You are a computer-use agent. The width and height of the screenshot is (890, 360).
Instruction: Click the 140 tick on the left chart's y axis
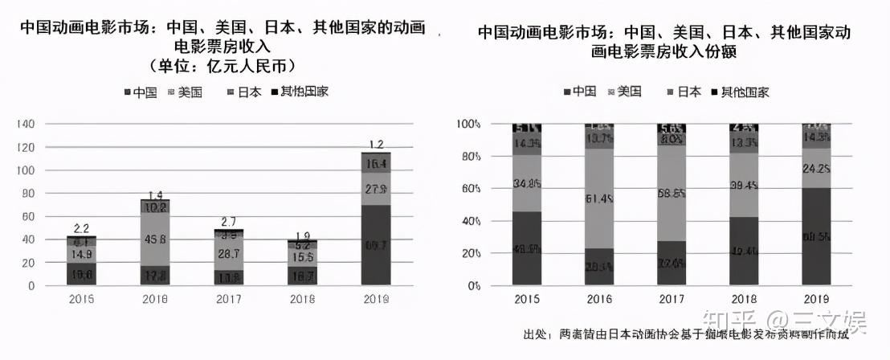point(26,124)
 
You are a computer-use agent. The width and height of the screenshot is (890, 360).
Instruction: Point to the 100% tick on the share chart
point(468,124)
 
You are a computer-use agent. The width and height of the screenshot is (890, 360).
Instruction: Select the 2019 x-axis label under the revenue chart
point(376,300)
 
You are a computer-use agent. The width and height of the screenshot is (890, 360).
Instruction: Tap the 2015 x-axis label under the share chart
point(526,300)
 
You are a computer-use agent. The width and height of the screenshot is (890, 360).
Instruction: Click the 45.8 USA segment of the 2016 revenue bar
point(154,238)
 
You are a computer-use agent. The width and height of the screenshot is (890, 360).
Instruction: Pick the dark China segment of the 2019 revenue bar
point(376,245)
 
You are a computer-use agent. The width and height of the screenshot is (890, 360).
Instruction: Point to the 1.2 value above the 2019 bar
point(376,145)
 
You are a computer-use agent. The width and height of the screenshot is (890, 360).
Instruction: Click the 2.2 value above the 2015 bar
point(80,228)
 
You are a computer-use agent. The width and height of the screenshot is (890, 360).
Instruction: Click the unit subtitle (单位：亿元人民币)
point(222,65)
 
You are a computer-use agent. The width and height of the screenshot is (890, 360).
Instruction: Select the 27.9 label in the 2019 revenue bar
point(376,190)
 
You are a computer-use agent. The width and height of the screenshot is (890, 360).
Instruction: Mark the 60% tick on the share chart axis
point(470,189)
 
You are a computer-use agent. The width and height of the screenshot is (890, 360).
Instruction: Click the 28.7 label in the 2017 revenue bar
point(228,254)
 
